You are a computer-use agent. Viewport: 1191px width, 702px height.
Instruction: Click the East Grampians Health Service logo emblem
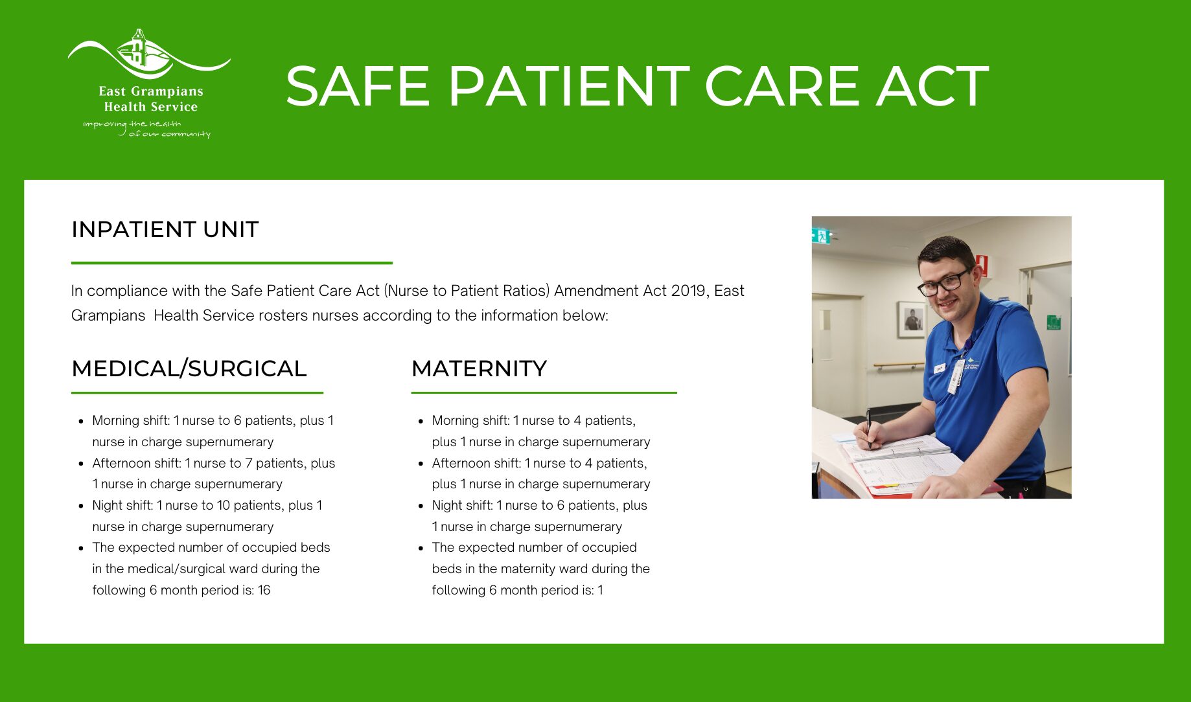(148, 53)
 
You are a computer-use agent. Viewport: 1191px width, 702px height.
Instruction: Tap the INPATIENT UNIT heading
(165, 229)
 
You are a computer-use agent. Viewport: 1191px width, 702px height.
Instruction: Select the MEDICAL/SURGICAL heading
(189, 368)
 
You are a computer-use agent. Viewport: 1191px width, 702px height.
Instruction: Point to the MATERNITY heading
(479, 368)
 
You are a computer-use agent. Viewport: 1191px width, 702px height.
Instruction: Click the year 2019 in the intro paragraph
(688, 291)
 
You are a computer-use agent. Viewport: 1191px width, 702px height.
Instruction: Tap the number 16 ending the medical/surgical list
(264, 590)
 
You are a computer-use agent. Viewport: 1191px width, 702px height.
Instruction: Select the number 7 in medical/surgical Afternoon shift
(248, 463)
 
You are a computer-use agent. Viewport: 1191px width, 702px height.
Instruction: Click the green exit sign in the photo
(821, 236)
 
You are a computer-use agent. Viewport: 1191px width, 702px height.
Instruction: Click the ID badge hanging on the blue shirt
(956, 376)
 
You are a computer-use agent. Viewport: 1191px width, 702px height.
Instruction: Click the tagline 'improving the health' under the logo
(132, 124)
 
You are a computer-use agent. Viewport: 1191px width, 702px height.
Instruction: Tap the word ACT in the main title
(932, 86)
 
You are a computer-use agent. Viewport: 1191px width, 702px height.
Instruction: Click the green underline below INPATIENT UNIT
(232, 263)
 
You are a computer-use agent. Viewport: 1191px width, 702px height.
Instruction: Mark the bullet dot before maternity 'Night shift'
(421, 506)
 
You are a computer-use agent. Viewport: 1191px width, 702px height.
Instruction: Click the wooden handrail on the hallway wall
(899, 366)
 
